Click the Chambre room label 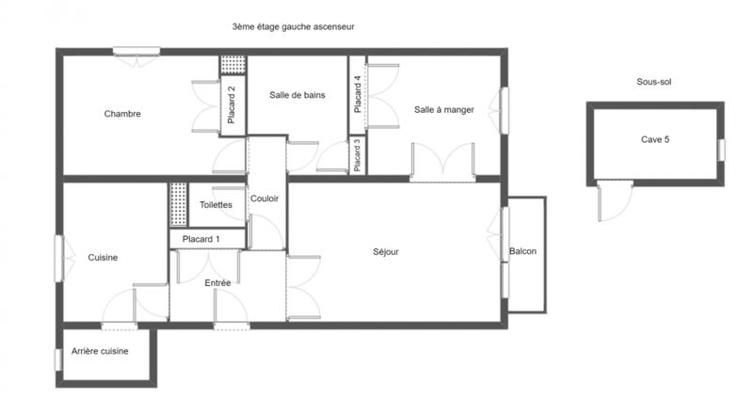(122, 114)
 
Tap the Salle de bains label (296, 94)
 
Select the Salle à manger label (443, 110)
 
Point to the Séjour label (386, 251)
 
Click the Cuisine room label (103, 257)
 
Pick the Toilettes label (216, 204)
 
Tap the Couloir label (265, 198)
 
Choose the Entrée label (217, 282)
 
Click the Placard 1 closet (200, 239)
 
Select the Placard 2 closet (232, 104)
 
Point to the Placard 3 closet (357, 155)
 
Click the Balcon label (523, 251)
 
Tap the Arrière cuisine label (100, 351)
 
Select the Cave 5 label (655, 139)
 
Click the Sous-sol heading (654, 82)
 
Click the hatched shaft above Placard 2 (232, 65)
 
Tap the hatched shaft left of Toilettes (178, 204)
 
